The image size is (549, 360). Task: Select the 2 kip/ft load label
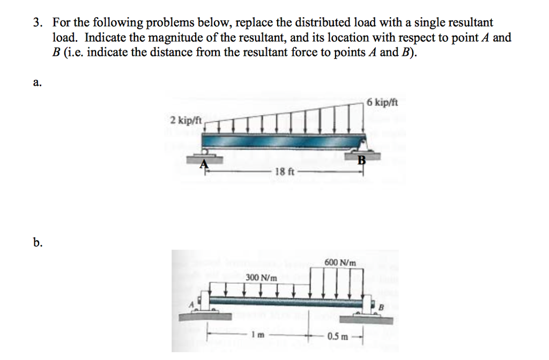[185, 120]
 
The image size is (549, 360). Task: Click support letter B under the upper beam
[361, 159]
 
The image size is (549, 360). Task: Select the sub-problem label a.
[36, 83]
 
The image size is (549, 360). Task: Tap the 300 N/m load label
[262, 278]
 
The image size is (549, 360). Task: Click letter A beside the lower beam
[190, 304]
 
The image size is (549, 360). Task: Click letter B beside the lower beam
[382, 307]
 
